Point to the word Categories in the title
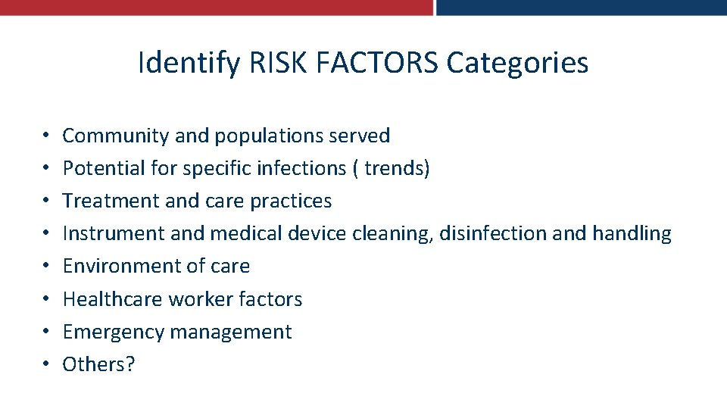(x=517, y=62)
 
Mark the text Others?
(x=98, y=364)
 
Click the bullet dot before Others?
(x=47, y=365)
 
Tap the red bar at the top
(x=216, y=8)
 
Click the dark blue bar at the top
(x=581, y=8)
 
